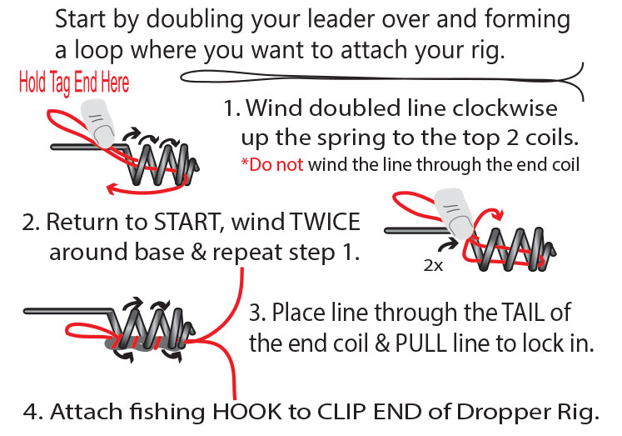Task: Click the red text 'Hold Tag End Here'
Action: (74, 83)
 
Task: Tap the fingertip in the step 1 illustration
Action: (98, 123)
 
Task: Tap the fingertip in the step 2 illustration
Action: (455, 213)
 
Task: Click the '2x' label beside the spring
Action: (433, 265)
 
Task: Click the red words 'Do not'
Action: (272, 164)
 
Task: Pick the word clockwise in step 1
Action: (505, 108)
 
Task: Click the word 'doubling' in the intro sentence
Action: (194, 20)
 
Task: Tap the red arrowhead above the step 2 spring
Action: (497, 214)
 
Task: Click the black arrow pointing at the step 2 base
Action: (450, 245)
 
